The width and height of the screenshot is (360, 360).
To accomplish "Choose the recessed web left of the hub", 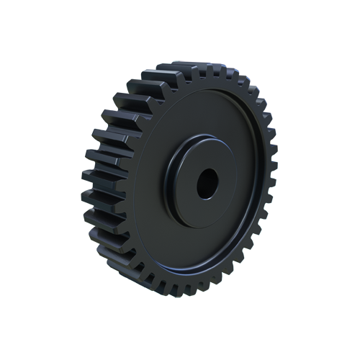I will click(151, 187).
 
